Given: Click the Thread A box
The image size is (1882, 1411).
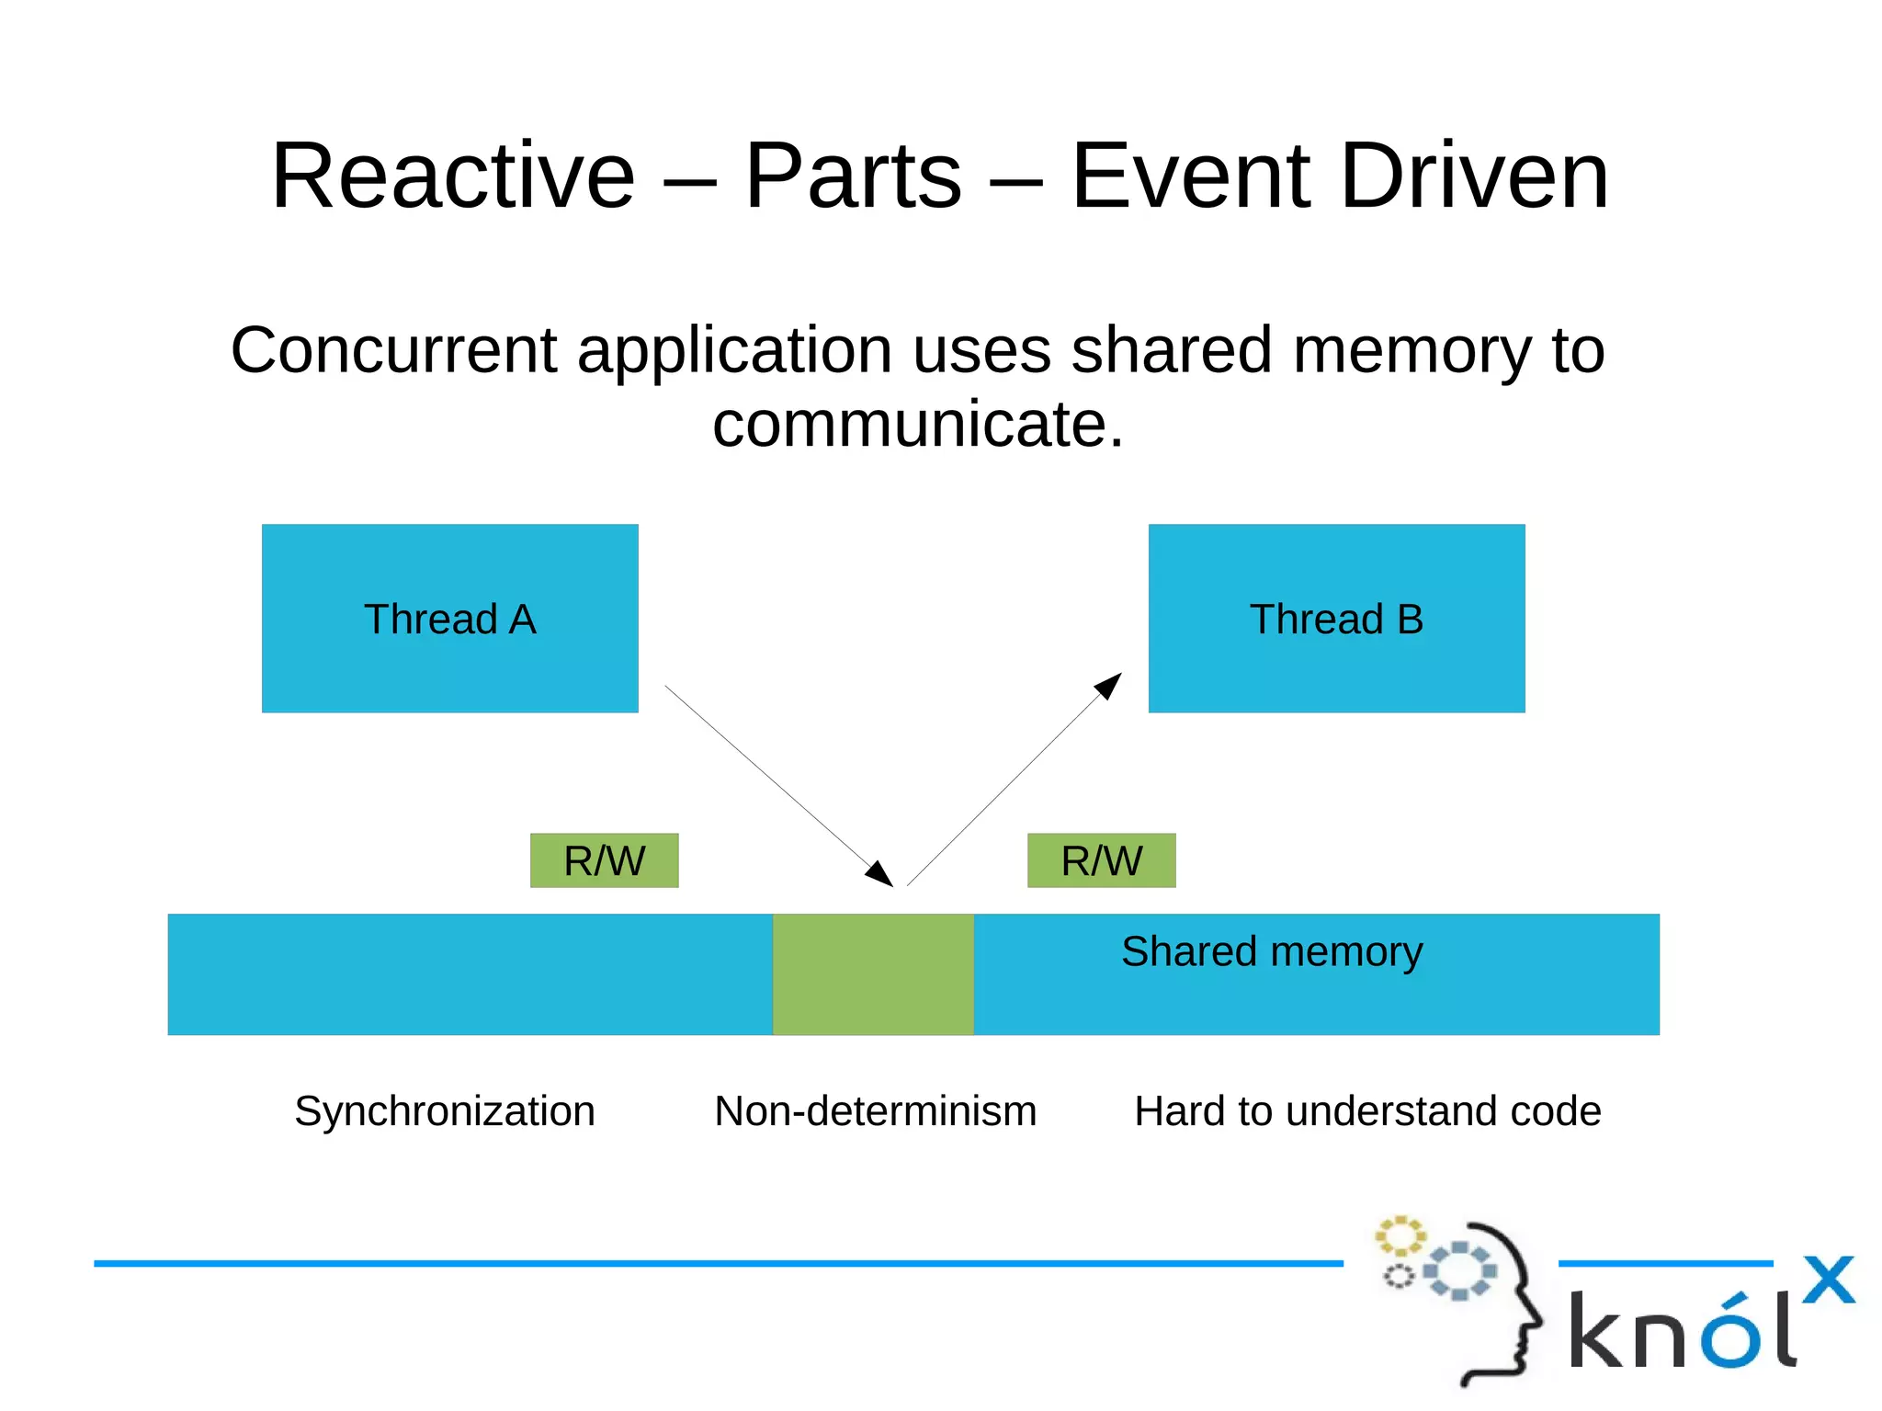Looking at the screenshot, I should [449, 618].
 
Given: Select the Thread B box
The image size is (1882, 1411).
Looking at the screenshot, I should [1335, 618].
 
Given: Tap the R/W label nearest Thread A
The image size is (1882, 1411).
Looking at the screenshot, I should [604, 860].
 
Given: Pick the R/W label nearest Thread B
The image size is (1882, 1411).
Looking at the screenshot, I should [1101, 860].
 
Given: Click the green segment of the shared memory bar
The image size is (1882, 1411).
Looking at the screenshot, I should [872, 973].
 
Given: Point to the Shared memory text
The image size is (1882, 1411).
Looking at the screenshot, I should [1271, 951].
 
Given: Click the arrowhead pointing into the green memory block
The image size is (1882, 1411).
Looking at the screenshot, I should [881, 874].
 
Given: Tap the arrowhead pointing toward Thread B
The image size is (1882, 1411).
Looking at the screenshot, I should [1109, 685].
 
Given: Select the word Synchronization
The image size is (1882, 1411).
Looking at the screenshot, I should [445, 1110].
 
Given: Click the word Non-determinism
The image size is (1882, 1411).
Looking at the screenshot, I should [875, 1110].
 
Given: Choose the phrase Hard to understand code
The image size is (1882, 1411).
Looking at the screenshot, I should [1366, 1110].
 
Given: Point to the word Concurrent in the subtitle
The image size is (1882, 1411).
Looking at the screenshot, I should [393, 350].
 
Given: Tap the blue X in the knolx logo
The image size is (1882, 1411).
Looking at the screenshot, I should [1828, 1280].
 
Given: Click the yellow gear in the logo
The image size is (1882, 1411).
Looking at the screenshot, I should [1400, 1236].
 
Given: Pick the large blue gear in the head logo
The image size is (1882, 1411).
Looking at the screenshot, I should [1460, 1270].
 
